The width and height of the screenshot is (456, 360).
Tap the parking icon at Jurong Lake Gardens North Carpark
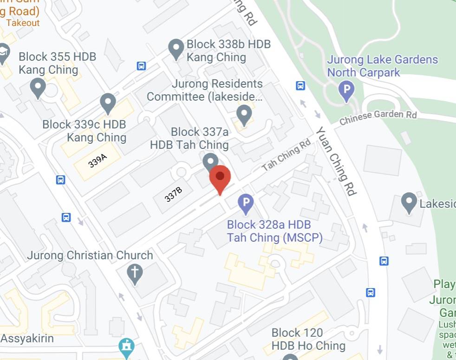click(x=346, y=90)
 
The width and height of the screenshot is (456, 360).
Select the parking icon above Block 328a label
click(x=246, y=202)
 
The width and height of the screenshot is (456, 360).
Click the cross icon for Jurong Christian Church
click(x=135, y=274)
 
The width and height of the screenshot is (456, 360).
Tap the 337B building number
click(x=173, y=195)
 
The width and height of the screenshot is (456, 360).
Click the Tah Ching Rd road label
click(x=286, y=154)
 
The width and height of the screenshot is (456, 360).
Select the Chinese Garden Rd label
click(x=378, y=118)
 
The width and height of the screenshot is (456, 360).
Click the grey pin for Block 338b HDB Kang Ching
click(x=176, y=48)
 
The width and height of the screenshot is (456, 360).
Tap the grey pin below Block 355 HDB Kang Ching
click(x=38, y=87)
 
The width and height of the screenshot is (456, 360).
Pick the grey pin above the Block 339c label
click(x=108, y=103)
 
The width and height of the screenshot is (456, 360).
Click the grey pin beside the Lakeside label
click(x=409, y=202)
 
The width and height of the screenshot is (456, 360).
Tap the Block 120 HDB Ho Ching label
click(x=308, y=339)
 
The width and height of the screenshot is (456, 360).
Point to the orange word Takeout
click(x=23, y=23)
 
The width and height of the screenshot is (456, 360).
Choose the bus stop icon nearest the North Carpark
click(x=300, y=86)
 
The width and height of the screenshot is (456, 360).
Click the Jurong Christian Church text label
click(x=90, y=255)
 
